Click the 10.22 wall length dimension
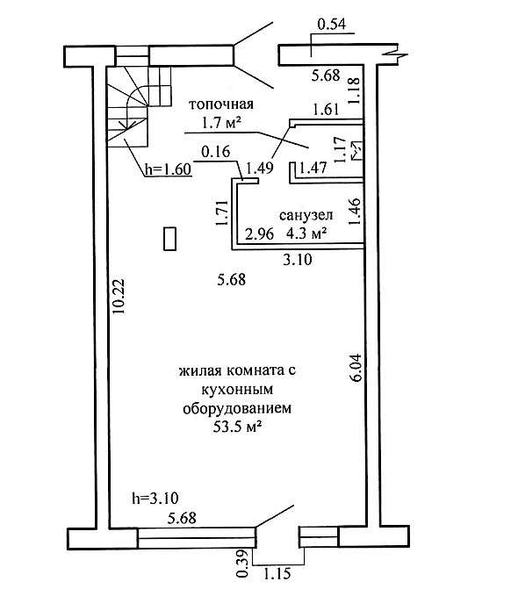pyautogui.click(x=119, y=297)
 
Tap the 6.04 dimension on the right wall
pyautogui.click(x=355, y=368)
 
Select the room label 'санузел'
pyautogui.click(x=306, y=215)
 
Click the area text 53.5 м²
pyautogui.click(x=237, y=427)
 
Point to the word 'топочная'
pyautogui.click(x=221, y=104)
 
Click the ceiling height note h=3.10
pyautogui.click(x=155, y=498)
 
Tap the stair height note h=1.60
pyautogui.click(x=168, y=169)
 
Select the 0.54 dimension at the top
pyautogui.click(x=331, y=24)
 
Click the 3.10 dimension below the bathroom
pyautogui.click(x=298, y=259)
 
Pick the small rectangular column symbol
pyautogui.click(x=169, y=239)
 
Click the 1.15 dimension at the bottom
pyautogui.click(x=277, y=573)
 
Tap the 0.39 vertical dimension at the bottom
pyautogui.click(x=243, y=563)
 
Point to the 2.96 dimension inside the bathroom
pyautogui.click(x=259, y=233)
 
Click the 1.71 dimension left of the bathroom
pyautogui.click(x=221, y=212)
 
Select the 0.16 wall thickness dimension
pyautogui.click(x=216, y=151)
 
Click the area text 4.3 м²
pyautogui.click(x=306, y=233)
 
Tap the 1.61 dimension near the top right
pyautogui.click(x=326, y=110)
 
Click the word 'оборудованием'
pyautogui.click(x=237, y=408)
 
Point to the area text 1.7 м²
pyautogui.click(x=221, y=123)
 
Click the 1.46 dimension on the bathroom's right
pyautogui.click(x=355, y=212)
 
